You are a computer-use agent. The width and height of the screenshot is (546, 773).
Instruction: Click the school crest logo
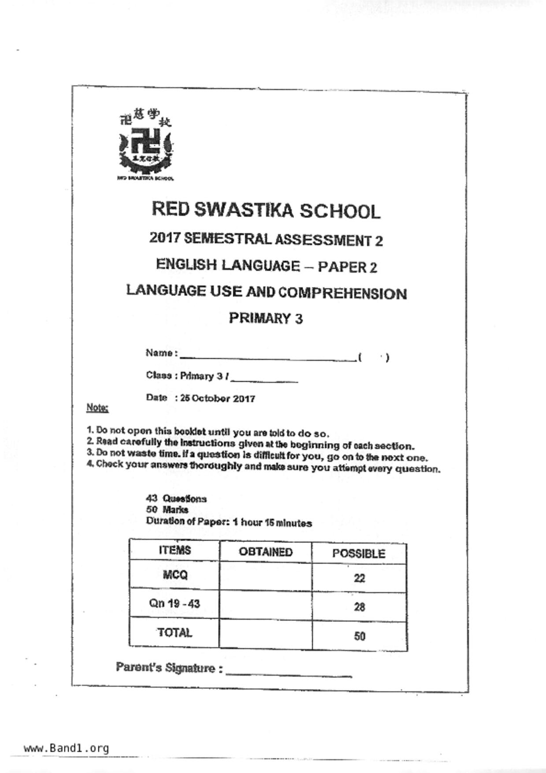(145, 144)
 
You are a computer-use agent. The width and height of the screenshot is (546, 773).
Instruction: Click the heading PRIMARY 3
(266, 318)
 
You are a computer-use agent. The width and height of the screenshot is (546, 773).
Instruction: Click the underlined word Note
(97, 408)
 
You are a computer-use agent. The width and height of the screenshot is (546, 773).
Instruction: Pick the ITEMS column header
(175, 550)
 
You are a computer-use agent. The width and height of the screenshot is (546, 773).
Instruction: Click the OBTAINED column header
(266, 552)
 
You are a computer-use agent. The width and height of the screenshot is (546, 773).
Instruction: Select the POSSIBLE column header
(359, 554)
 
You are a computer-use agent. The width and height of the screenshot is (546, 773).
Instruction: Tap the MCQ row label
(175, 575)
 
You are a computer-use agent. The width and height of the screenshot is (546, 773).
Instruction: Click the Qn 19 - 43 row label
(175, 603)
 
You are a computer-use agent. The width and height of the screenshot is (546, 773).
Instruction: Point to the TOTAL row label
(175, 633)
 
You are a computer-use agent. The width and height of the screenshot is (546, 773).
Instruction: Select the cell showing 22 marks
(359, 578)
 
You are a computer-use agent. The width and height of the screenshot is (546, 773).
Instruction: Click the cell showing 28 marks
(359, 607)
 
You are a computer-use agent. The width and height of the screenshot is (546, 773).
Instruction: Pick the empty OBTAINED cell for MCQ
(266, 576)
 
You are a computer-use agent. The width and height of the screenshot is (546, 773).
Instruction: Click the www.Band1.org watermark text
(66, 748)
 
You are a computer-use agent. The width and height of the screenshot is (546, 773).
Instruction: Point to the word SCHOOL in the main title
(340, 212)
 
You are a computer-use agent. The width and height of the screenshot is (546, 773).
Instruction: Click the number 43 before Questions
(151, 498)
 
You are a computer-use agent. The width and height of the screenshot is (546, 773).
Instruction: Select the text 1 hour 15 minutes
(272, 523)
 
